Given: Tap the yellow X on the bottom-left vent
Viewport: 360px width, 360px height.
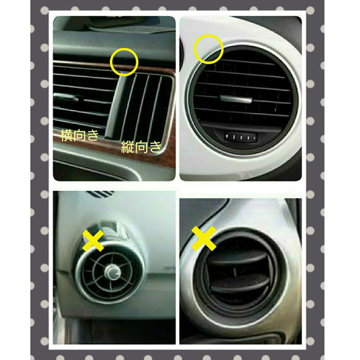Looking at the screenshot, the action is (x=93, y=240).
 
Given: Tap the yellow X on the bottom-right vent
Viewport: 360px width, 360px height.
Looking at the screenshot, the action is (x=204, y=238).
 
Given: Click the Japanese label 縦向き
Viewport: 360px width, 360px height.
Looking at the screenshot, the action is (x=141, y=147).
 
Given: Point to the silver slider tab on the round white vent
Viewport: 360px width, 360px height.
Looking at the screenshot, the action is (x=236, y=99).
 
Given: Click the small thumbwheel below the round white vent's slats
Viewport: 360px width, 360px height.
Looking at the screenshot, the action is (x=240, y=138).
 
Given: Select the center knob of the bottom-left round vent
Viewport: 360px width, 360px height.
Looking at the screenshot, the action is (x=112, y=272).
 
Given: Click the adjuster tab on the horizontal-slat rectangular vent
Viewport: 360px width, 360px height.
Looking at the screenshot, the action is (x=66, y=97).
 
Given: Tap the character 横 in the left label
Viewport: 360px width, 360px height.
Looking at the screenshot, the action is (x=66, y=135).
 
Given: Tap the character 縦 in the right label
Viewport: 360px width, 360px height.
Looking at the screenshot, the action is (x=127, y=147).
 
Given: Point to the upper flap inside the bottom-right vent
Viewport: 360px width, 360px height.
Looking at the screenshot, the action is (x=240, y=258).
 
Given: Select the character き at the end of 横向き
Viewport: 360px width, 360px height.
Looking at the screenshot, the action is (x=92, y=135).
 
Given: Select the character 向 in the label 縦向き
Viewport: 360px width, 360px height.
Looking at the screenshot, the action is (x=141, y=147).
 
